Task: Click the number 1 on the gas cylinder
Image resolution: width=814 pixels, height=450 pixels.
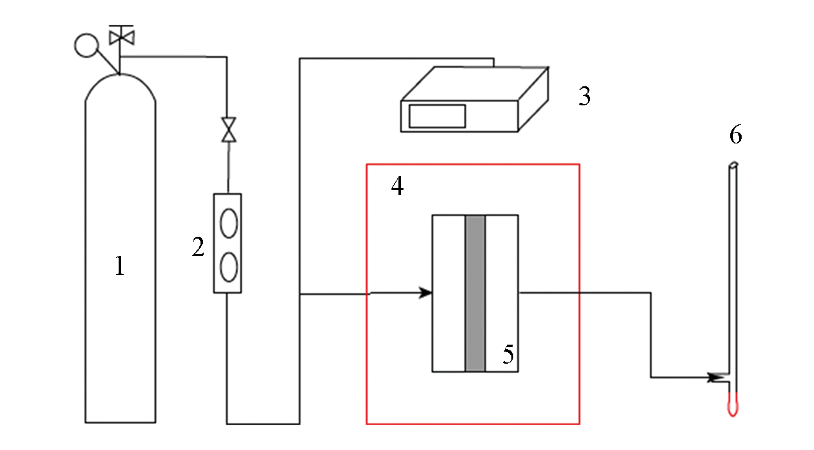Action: click(120, 266)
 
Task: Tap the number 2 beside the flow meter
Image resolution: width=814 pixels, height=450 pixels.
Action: click(198, 247)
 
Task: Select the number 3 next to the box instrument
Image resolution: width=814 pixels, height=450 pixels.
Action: click(584, 96)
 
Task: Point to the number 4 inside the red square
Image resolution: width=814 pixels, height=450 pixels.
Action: click(397, 186)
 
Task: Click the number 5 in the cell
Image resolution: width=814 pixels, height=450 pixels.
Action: click(508, 354)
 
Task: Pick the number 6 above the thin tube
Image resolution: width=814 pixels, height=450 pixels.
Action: click(735, 135)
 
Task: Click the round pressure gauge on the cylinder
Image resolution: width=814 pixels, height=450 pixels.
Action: click(86, 46)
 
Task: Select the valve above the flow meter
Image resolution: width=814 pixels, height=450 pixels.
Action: click(229, 129)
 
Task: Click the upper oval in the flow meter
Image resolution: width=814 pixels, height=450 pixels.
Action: click(229, 223)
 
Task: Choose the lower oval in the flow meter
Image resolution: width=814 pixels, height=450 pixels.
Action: click(229, 267)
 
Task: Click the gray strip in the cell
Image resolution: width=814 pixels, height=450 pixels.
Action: click(475, 293)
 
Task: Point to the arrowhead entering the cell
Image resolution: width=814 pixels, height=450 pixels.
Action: click(426, 293)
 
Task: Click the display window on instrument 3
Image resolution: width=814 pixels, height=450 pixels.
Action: click(437, 116)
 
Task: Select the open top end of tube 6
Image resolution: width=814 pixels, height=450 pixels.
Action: click(733, 164)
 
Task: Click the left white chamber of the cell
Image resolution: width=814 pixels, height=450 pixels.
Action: click(449, 293)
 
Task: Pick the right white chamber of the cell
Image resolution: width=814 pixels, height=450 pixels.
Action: click(501, 293)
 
